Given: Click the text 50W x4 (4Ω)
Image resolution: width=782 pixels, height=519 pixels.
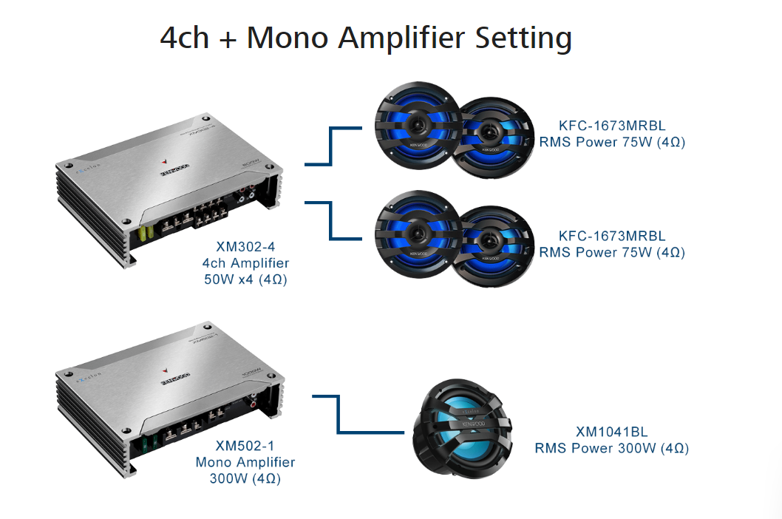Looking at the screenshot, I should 245,279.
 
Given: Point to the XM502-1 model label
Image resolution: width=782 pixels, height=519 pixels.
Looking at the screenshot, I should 245,446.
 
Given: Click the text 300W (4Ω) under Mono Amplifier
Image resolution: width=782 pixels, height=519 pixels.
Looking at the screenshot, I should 245,478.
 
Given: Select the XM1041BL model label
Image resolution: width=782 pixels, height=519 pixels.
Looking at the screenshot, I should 612,431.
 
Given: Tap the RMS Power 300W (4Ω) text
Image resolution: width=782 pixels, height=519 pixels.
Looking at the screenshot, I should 612,447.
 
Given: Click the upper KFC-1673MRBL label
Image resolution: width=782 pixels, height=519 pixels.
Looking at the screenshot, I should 612,125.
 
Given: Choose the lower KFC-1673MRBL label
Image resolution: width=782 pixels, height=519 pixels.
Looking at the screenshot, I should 612,236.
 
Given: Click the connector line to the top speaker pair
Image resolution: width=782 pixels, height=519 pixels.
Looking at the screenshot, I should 331,146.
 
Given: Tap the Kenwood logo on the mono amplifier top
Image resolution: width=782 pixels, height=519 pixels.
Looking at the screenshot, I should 174,381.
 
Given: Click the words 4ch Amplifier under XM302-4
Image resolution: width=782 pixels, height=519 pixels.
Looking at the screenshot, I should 245,263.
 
